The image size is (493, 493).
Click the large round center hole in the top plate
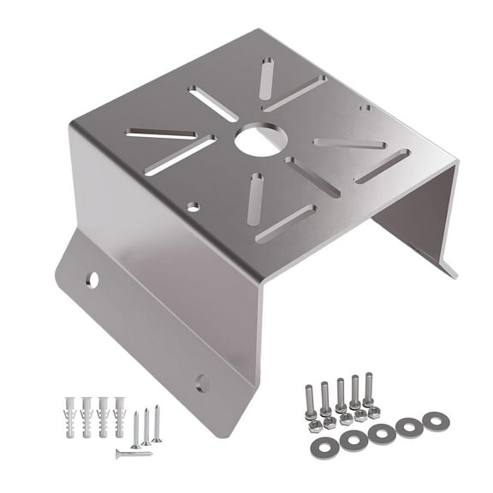point(258,140)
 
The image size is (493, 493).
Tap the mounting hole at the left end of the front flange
point(92,279)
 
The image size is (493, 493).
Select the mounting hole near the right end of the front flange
point(202,383)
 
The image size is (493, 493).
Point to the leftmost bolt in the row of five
point(311,401)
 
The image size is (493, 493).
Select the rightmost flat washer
point(436,421)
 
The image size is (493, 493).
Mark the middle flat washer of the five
point(382,434)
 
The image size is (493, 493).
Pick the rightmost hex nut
point(373,411)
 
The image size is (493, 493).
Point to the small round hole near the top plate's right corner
point(365,108)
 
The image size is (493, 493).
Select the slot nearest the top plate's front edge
point(285,224)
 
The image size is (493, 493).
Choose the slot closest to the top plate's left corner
point(160,134)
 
